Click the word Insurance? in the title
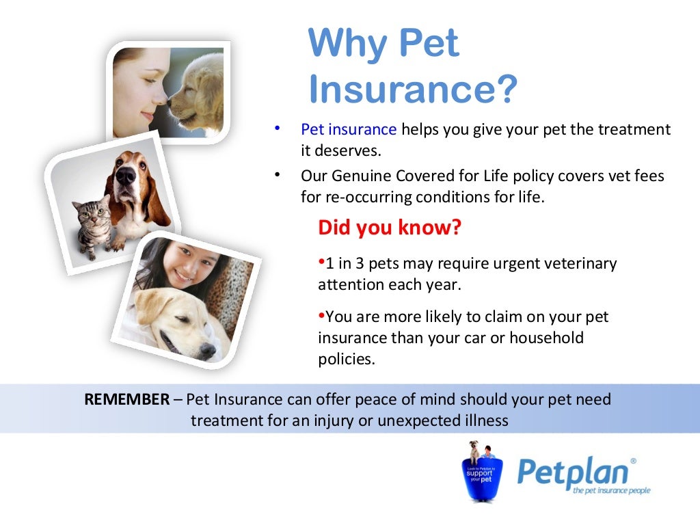413,90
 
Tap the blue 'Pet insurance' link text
349,129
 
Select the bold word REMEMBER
126,399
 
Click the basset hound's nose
126,175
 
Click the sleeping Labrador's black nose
207,351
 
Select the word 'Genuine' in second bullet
359,176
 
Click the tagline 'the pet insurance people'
611,490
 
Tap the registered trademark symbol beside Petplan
632,461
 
